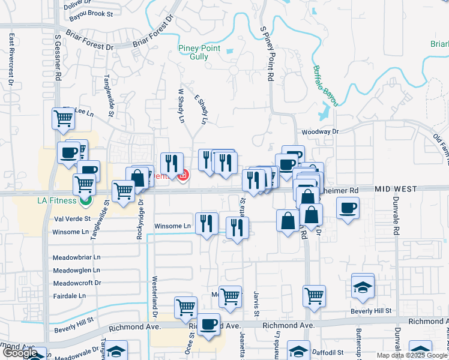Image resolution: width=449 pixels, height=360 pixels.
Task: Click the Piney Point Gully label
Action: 199,53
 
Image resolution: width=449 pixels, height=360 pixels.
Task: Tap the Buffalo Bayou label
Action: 325,84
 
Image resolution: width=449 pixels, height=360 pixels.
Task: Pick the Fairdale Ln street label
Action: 69,296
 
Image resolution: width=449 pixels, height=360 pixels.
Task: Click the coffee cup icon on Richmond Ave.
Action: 208,325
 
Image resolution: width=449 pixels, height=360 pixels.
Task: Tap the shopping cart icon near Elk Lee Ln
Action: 63,118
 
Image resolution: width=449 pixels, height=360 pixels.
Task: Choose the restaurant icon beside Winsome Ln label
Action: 206,223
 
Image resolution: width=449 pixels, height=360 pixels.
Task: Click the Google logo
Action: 22,353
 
